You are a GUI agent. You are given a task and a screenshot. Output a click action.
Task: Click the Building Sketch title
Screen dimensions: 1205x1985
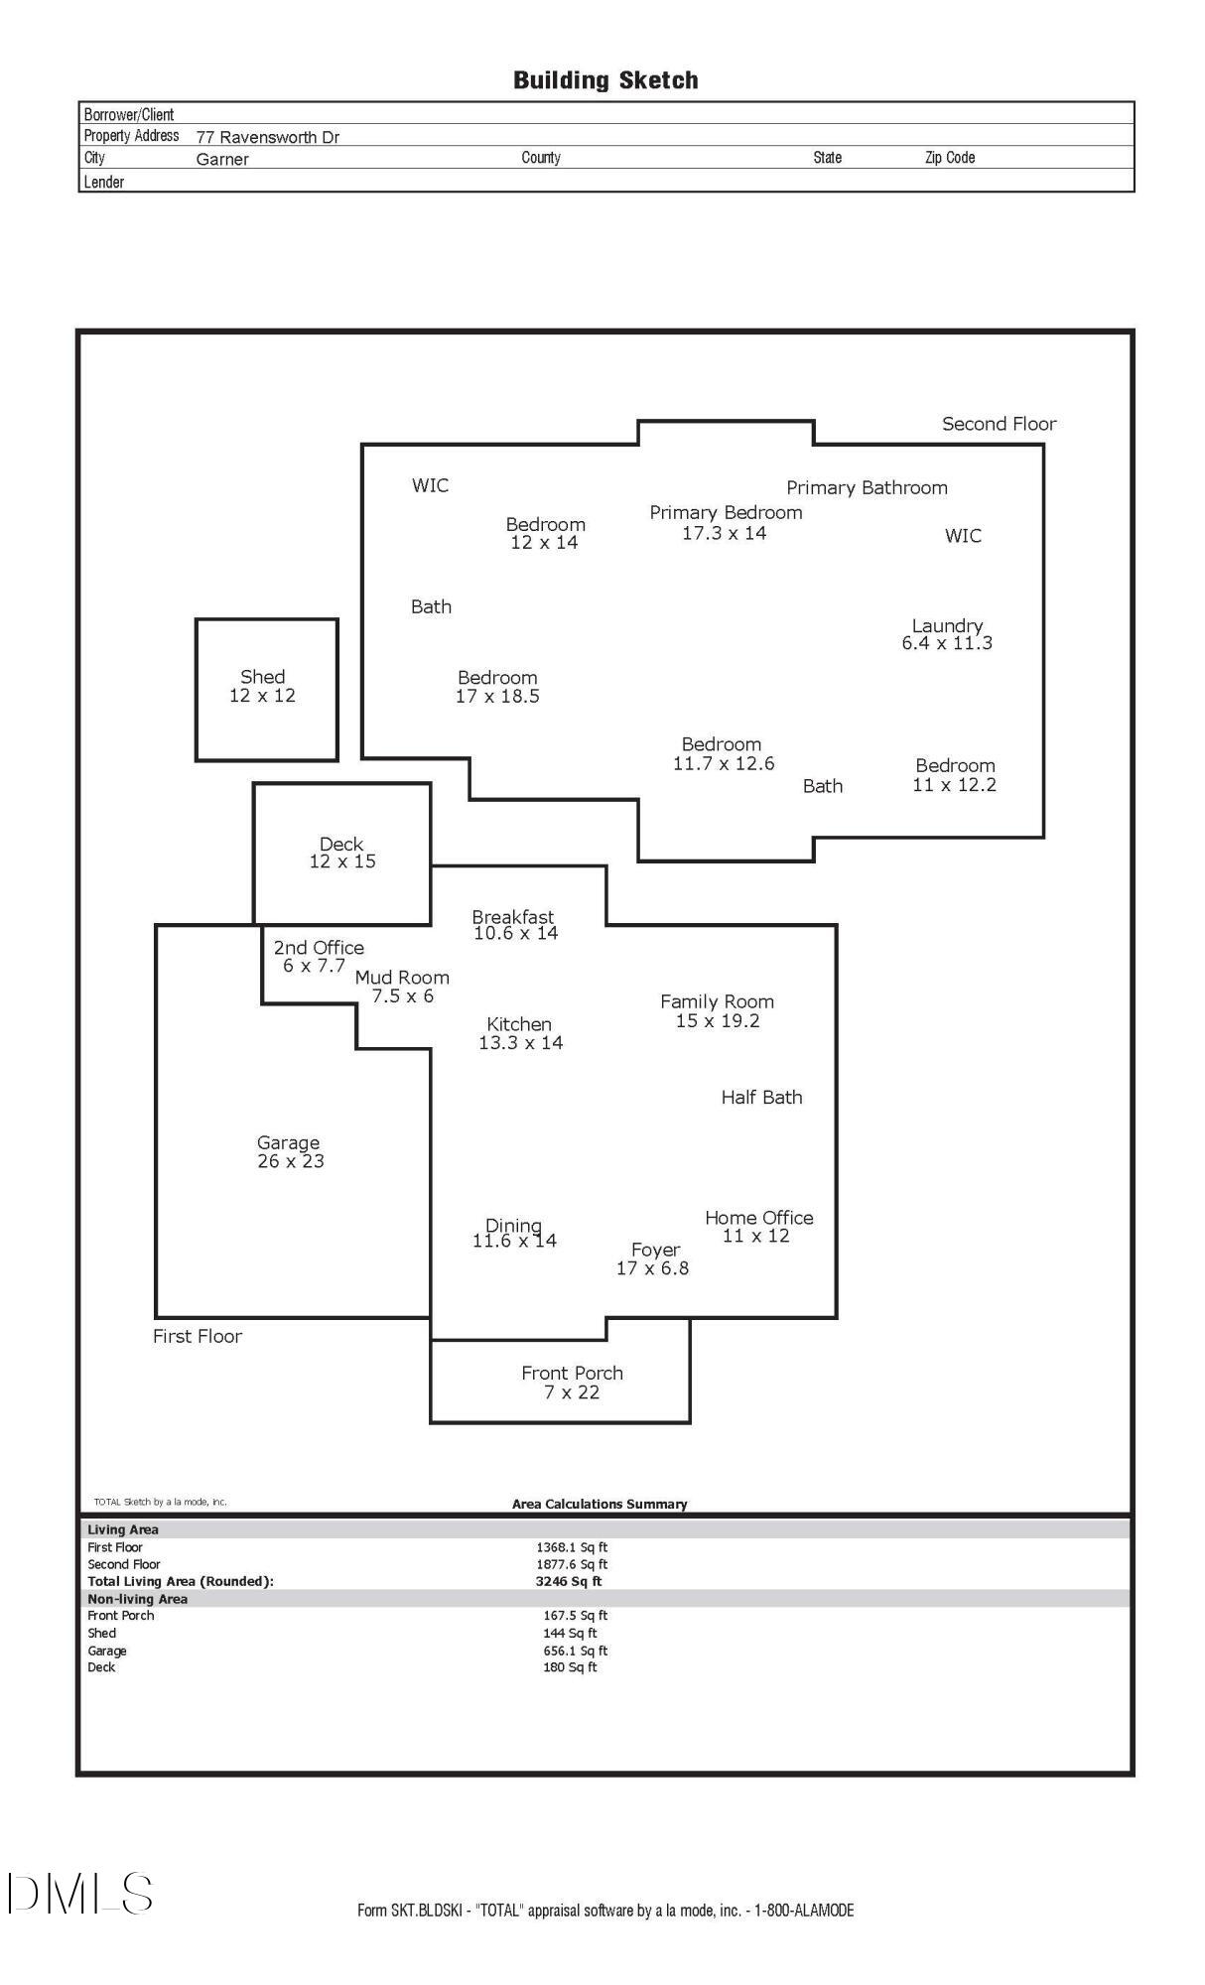(605, 80)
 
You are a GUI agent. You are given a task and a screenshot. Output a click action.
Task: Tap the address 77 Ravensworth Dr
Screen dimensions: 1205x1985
(268, 138)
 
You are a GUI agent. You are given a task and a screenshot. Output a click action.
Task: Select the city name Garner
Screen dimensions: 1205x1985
(222, 159)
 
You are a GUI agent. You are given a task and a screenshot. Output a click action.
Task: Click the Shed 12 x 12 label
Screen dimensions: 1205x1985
(263, 686)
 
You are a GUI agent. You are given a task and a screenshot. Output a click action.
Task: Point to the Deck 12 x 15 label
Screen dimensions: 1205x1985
(342, 853)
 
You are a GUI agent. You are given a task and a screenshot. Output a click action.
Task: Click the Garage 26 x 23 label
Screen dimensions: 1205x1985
(290, 1152)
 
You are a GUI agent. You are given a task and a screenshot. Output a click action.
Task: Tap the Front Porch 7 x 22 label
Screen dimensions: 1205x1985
(573, 1383)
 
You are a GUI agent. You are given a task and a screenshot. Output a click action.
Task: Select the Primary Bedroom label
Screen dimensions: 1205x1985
(726, 513)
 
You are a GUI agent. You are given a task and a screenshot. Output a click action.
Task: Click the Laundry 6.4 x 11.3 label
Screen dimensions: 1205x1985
(947, 634)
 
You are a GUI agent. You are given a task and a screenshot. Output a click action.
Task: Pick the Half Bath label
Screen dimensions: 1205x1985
(761, 1098)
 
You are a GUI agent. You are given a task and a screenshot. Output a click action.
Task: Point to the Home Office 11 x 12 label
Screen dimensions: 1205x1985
(758, 1227)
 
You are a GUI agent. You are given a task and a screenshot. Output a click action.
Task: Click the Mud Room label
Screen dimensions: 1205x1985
(402, 978)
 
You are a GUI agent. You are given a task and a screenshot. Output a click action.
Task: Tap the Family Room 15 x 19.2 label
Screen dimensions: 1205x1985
(717, 1011)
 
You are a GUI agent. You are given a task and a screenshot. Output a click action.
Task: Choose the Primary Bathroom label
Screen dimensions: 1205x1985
(868, 488)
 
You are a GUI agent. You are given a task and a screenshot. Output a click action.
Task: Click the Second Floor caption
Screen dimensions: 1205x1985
(1000, 424)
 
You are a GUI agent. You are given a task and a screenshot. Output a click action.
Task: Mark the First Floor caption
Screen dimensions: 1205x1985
(198, 1337)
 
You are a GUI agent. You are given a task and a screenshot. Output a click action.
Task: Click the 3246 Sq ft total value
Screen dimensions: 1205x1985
(569, 1581)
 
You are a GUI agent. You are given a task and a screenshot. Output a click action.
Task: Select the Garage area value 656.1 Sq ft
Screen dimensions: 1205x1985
(576, 1651)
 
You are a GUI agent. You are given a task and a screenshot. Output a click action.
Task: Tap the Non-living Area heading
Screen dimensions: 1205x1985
(137, 1599)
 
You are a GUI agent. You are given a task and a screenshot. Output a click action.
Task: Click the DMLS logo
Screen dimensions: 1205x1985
(80, 1894)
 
